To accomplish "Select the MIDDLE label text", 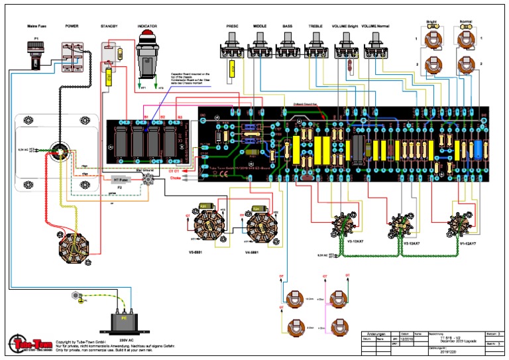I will [259, 27].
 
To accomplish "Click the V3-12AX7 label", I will [341, 243].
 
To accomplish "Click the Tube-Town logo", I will [26, 344].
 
